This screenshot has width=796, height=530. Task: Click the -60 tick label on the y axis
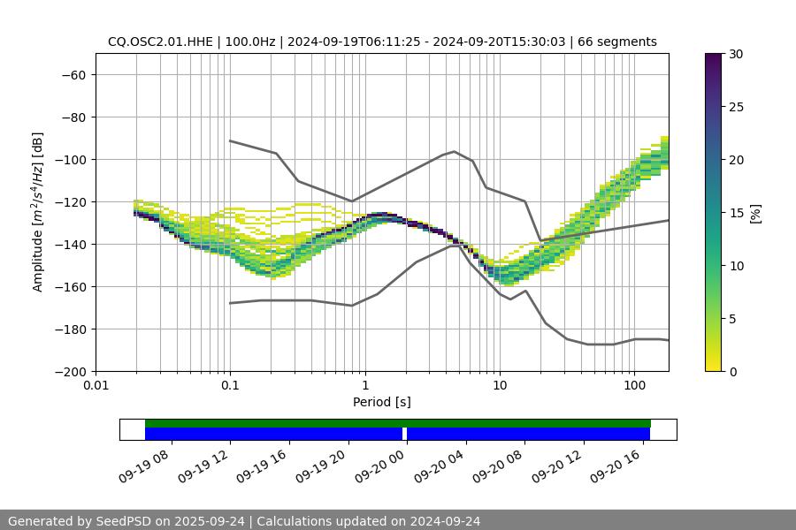72,74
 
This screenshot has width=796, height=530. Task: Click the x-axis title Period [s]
381,402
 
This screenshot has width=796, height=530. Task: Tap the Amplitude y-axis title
38,212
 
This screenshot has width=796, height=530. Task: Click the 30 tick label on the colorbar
735,54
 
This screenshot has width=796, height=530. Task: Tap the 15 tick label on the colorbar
735,213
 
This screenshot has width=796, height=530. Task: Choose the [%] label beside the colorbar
754,213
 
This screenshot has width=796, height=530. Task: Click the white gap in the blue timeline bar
404,434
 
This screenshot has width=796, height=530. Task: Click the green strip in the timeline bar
398,423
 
